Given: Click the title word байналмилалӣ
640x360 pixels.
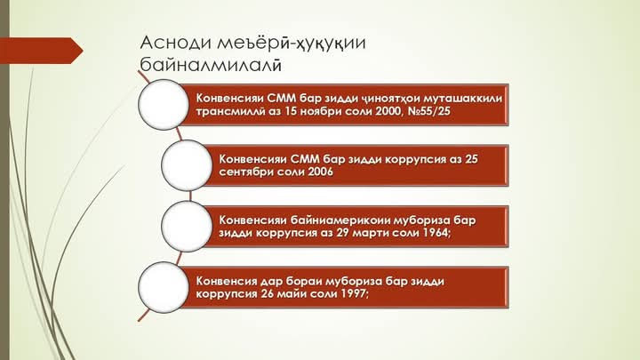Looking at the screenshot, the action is (x=211, y=65).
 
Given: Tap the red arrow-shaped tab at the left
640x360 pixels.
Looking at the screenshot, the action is (x=42, y=51).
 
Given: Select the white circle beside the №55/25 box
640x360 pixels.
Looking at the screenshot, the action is (x=164, y=105).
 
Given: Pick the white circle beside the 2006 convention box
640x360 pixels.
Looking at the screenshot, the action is (x=187, y=165).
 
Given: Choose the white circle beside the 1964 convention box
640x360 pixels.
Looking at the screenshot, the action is (x=187, y=226).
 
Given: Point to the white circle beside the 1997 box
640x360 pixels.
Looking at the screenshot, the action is (x=164, y=287).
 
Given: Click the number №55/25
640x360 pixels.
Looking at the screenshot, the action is (x=429, y=111).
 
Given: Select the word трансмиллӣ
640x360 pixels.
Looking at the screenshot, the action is (x=230, y=111).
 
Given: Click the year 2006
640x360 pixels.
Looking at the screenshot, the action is (x=320, y=172).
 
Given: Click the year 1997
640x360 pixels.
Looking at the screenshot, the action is (x=355, y=293).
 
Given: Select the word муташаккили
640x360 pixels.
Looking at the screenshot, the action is (x=462, y=99).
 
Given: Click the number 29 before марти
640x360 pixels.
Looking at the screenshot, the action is (x=342, y=233).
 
